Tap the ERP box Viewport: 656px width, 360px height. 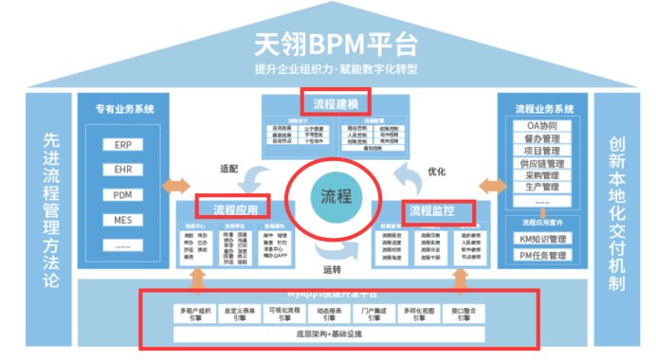[x=123, y=147]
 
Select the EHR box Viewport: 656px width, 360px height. [x=123, y=171]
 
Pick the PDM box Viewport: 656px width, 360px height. [x=123, y=194]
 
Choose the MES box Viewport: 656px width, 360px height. [x=123, y=219]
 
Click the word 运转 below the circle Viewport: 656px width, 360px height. [x=332, y=269]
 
